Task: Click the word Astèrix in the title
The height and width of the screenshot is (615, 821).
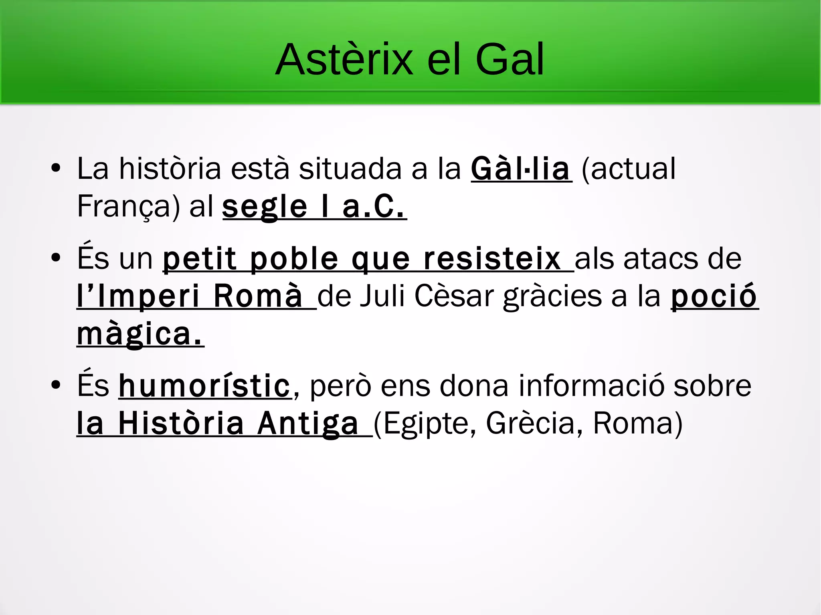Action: pos(344,60)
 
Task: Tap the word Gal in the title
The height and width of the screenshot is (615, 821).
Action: pos(510,60)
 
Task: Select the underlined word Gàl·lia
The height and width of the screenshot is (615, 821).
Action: pos(520,169)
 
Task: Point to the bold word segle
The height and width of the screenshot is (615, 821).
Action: pos(265,207)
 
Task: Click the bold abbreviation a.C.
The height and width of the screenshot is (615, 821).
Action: pos(373,207)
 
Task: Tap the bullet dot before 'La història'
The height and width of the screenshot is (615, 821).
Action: pos(56,168)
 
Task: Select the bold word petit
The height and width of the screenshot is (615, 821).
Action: pos(200,259)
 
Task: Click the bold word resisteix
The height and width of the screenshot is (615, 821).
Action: pos(492,259)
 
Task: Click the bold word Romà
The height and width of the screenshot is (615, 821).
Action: pos(258,296)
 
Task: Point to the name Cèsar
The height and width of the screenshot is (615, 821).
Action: pos(454,296)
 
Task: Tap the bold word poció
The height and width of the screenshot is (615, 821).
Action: pos(714,296)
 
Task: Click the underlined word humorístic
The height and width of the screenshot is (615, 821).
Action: pos(205,386)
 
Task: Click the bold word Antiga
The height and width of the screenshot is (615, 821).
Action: pos(308,424)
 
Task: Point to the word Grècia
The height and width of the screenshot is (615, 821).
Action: pos(531,424)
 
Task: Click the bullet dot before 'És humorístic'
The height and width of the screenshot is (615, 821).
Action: pos(56,385)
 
